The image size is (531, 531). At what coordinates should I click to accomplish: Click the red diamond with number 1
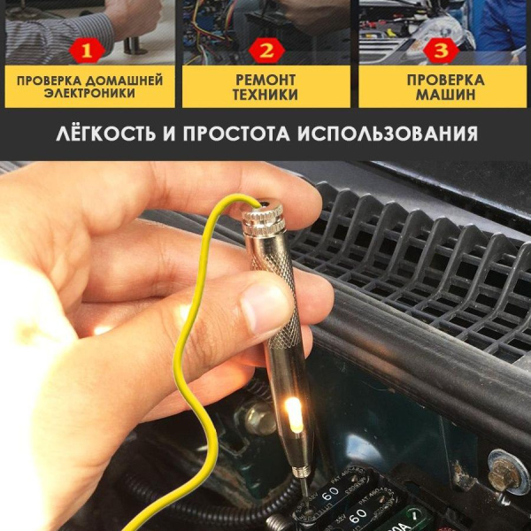86,50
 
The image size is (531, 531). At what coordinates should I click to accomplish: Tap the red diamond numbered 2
265,50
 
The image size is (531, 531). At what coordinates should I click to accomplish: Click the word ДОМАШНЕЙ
126,80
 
